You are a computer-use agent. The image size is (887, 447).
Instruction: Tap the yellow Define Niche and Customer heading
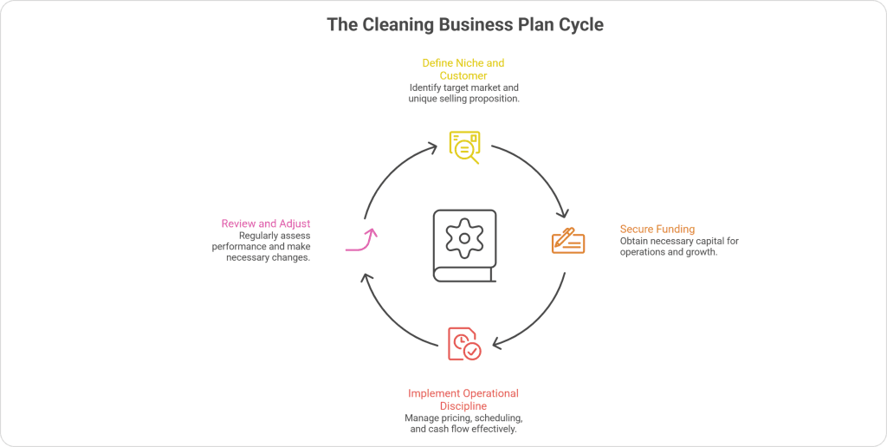463,69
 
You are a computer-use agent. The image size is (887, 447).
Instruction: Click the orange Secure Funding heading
657,229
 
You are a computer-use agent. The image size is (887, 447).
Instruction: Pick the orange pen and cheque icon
568,240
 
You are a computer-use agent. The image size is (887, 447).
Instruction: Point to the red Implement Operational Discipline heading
463,399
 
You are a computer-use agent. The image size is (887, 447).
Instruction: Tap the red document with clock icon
463,343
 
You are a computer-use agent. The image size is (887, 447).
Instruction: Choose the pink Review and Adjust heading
267,223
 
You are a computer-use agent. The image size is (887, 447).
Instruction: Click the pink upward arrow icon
363,240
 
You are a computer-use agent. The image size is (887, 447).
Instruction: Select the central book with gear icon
465,245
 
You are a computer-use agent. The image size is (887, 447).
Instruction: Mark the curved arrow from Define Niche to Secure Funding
537,173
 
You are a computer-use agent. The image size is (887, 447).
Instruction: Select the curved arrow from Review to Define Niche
390,173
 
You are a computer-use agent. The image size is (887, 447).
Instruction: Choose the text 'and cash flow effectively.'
463,430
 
